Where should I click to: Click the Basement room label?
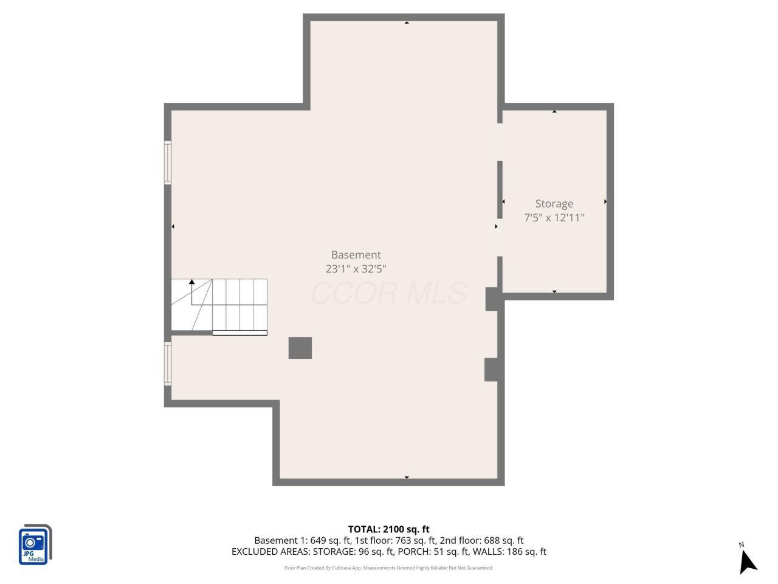pyautogui.click(x=356, y=255)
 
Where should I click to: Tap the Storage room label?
pyautogui.click(x=554, y=204)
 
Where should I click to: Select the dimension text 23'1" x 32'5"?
pyautogui.click(x=356, y=269)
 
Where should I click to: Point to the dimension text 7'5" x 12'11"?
pyautogui.click(x=554, y=217)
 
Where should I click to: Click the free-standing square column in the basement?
pyautogui.click(x=300, y=348)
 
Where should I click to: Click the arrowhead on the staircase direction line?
pyautogui.click(x=191, y=282)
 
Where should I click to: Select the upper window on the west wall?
pyautogui.click(x=168, y=163)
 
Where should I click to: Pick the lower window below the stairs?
pyautogui.click(x=168, y=363)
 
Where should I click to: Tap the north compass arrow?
pyautogui.click(x=748, y=561)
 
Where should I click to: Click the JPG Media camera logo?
pyautogui.click(x=35, y=544)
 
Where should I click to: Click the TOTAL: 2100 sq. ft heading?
pyautogui.click(x=388, y=529)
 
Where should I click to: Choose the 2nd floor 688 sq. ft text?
pyautogui.click(x=481, y=540)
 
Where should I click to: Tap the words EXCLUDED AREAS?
pyautogui.click(x=270, y=552)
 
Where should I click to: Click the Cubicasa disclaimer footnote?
pyautogui.click(x=388, y=568)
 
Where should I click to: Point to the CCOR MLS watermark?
pyautogui.click(x=389, y=293)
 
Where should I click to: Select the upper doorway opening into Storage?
pyautogui.click(x=500, y=142)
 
